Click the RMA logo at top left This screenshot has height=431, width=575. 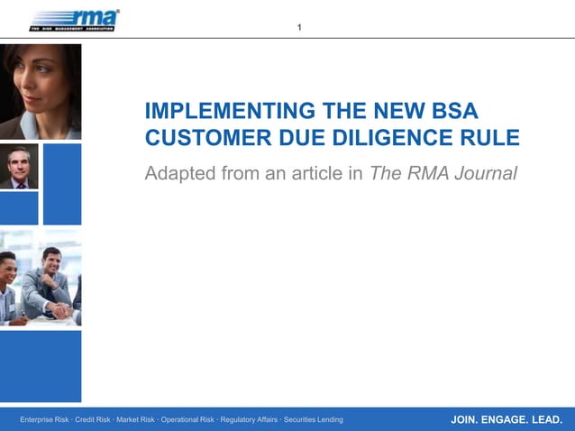[x=74, y=20]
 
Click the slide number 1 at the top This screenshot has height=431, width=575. [x=300, y=28]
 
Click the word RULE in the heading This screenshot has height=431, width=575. [x=492, y=139]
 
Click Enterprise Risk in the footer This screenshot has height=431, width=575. [x=44, y=419]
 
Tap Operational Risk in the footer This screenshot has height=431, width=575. [x=187, y=419]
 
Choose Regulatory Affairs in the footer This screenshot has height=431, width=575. [x=249, y=419]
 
